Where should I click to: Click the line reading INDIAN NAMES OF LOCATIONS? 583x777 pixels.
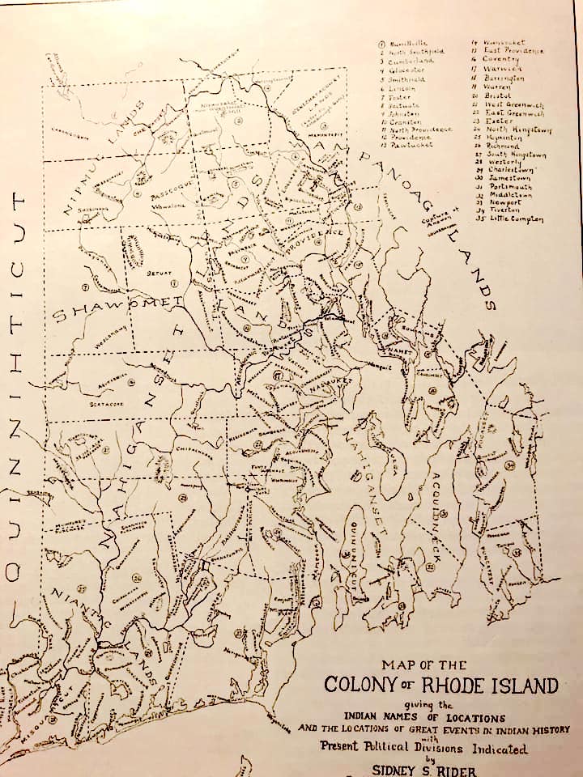click(x=424, y=717)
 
